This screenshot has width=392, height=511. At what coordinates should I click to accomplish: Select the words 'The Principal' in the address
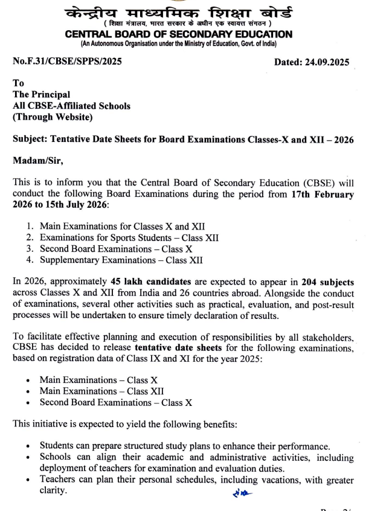[41, 95]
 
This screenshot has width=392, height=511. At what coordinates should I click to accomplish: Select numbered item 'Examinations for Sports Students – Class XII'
[129, 237]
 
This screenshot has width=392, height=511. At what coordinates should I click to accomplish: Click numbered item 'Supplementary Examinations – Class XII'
[121, 260]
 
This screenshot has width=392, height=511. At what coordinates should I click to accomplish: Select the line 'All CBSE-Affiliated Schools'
[71, 106]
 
